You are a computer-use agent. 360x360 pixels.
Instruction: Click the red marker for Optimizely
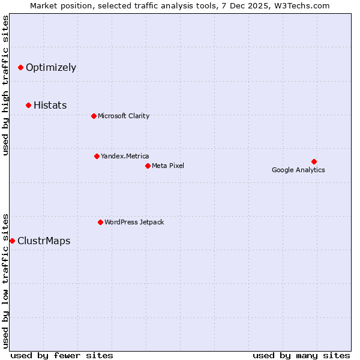click(20, 68)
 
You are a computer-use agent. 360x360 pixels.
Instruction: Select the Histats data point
click(28, 106)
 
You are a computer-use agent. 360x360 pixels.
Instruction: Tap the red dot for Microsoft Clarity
click(94, 116)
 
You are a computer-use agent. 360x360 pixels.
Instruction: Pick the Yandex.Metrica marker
click(97, 157)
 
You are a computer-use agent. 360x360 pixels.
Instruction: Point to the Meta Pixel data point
click(148, 166)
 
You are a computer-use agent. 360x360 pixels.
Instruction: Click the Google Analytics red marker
click(314, 161)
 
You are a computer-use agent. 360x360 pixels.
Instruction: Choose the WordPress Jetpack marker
click(100, 223)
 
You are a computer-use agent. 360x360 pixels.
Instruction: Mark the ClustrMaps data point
click(12, 241)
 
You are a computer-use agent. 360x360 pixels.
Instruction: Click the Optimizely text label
click(51, 68)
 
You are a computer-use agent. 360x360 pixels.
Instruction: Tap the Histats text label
click(50, 106)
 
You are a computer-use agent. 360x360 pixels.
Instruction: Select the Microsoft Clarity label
click(124, 116)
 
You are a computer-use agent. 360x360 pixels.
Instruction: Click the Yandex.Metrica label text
click(125, 157)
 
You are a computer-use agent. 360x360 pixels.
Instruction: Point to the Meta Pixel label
click(168, 166)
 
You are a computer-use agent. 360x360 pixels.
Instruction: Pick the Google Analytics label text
click(298, 170)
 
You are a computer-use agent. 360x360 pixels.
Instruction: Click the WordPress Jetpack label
click(134, 223)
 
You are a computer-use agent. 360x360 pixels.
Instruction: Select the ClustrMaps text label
click(44, 241)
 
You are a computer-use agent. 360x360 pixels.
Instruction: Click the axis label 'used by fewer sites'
click(62, 356)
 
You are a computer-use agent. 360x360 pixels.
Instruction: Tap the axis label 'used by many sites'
click(301, 356)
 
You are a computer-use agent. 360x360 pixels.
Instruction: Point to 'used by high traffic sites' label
click(6, 85)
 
